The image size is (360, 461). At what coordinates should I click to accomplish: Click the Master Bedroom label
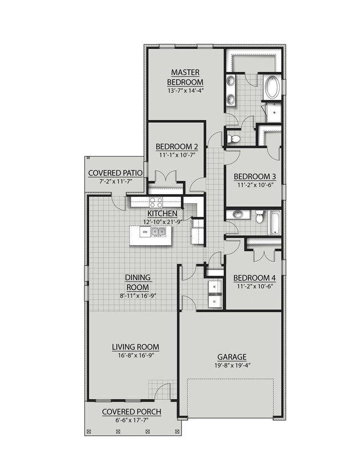185,77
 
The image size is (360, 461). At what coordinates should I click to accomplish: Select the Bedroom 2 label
177,147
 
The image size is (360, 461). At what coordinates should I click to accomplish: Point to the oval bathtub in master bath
273,87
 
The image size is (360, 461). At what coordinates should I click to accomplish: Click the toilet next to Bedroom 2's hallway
233,138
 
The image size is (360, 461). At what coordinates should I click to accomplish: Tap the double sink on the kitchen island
158,232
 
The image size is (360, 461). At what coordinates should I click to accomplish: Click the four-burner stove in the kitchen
156,203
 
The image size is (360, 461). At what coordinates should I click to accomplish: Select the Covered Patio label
115,173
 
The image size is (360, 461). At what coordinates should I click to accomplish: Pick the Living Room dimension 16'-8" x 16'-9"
136,355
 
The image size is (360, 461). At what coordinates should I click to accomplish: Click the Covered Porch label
131,412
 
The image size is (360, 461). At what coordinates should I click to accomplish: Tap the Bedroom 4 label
254,278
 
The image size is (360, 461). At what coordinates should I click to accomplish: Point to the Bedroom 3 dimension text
255,185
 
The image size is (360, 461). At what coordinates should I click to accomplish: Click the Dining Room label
138,282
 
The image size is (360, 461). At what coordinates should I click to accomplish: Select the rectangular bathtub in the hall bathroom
275,223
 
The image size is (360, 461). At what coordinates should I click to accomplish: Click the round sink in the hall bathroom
238,214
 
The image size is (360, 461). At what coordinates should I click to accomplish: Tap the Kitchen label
162,214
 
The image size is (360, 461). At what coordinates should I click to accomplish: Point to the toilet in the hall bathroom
259,217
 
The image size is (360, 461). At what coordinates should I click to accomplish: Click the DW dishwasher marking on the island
145,232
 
